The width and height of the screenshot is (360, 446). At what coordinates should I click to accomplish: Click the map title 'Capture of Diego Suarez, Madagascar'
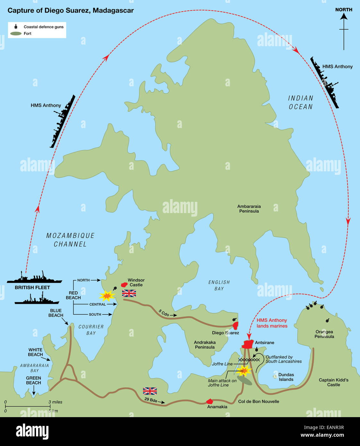71,11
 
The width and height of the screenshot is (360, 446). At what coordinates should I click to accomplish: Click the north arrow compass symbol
344,30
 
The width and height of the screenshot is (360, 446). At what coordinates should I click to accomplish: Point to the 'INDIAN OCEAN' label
301,103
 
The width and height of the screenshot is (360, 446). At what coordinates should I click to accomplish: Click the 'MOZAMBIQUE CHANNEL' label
70,240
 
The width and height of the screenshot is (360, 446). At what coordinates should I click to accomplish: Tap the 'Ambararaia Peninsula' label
249,209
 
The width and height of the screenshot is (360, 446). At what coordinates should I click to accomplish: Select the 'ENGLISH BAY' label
219,285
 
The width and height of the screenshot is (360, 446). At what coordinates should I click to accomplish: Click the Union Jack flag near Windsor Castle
129,293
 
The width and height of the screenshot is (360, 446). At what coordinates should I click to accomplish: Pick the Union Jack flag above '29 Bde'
150,391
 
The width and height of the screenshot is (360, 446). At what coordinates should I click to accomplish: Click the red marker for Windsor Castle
124,284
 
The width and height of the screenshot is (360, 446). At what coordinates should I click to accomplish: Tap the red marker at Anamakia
210,401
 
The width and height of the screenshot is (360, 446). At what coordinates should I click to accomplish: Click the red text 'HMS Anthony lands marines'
272,323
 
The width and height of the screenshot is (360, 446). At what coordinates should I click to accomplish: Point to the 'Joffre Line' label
222,364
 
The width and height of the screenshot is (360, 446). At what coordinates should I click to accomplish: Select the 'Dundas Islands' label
286,377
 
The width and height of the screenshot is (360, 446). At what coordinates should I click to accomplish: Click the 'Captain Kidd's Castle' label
333,382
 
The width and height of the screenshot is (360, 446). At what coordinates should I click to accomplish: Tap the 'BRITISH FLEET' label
32,287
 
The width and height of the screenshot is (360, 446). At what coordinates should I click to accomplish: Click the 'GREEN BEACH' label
34,380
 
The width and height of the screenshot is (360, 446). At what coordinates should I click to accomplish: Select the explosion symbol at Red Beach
107,296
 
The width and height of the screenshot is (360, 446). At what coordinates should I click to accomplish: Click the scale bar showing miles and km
28,407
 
